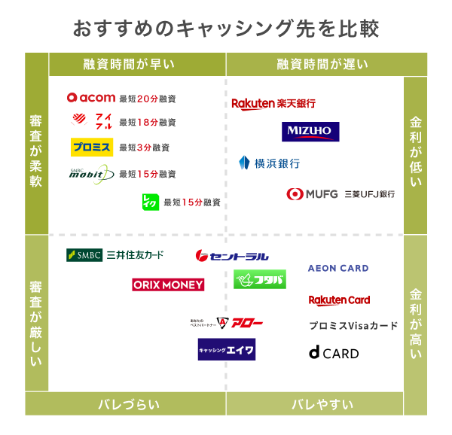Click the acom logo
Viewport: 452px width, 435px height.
pos(90,98)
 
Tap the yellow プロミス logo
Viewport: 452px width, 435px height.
pos(91,147)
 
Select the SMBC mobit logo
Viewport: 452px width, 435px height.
pos(91,174)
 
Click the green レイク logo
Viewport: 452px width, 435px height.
pos(150,202)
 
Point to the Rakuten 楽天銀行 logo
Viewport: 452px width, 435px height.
pos(273,103)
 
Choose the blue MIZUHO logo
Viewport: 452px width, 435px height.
pos(310,132)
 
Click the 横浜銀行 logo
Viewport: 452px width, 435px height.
pos(269,163)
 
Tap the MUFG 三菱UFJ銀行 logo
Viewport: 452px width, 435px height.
pos(341,194)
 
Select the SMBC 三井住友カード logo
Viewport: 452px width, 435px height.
pos(115,255)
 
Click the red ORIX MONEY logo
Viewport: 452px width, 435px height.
pos(168,284)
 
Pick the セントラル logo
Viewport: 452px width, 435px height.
pos(232,256)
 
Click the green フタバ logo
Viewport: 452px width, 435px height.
pos(259,280)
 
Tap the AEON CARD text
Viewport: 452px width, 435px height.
pos(338,268)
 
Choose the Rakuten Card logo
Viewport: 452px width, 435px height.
pos(339,300)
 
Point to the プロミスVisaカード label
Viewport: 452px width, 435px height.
pos(353,326)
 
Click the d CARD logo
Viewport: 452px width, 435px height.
pos(334,353)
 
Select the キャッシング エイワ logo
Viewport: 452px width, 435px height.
pos(227,349)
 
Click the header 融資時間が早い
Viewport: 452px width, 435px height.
pos(136,64)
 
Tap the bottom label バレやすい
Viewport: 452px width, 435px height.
pos(322,404)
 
